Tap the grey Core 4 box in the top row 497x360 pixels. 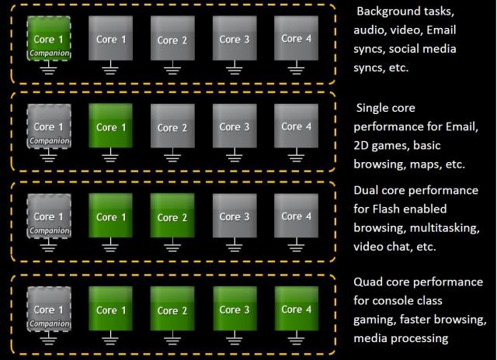[292, 40]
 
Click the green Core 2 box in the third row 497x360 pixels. [169, 218]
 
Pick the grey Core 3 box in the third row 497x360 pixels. [230, 218]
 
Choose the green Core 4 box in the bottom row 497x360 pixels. [292, 310]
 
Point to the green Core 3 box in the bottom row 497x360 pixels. [230, 310]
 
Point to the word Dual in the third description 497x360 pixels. [368, 191]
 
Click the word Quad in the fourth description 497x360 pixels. [369, 282]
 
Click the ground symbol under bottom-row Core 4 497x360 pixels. [292, 339]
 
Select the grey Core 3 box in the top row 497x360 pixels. [230, 40]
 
